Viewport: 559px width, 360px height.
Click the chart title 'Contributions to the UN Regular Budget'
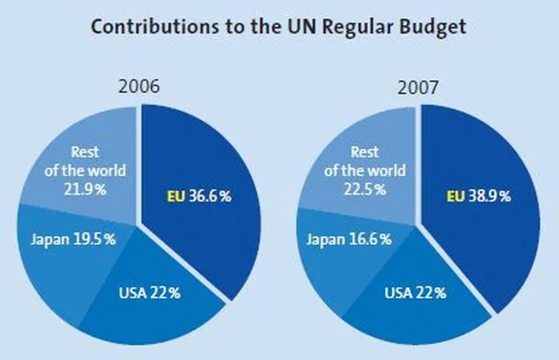pyautogui.click(x=279, y=27)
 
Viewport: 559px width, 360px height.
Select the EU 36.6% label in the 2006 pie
pyautogui.click(x=199, y=196)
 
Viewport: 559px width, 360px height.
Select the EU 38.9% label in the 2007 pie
pyautogui.click(x=478, y=196)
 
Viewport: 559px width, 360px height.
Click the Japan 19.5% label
pyautogui.click(x=74, y=239)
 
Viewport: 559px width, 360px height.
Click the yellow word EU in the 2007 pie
pyautogui.click(x=455, y=196)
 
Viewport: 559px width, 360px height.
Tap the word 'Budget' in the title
pyautogui.click(x=435, y=27)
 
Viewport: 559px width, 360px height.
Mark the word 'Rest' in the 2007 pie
pyautogui.click(x=365, y=152)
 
